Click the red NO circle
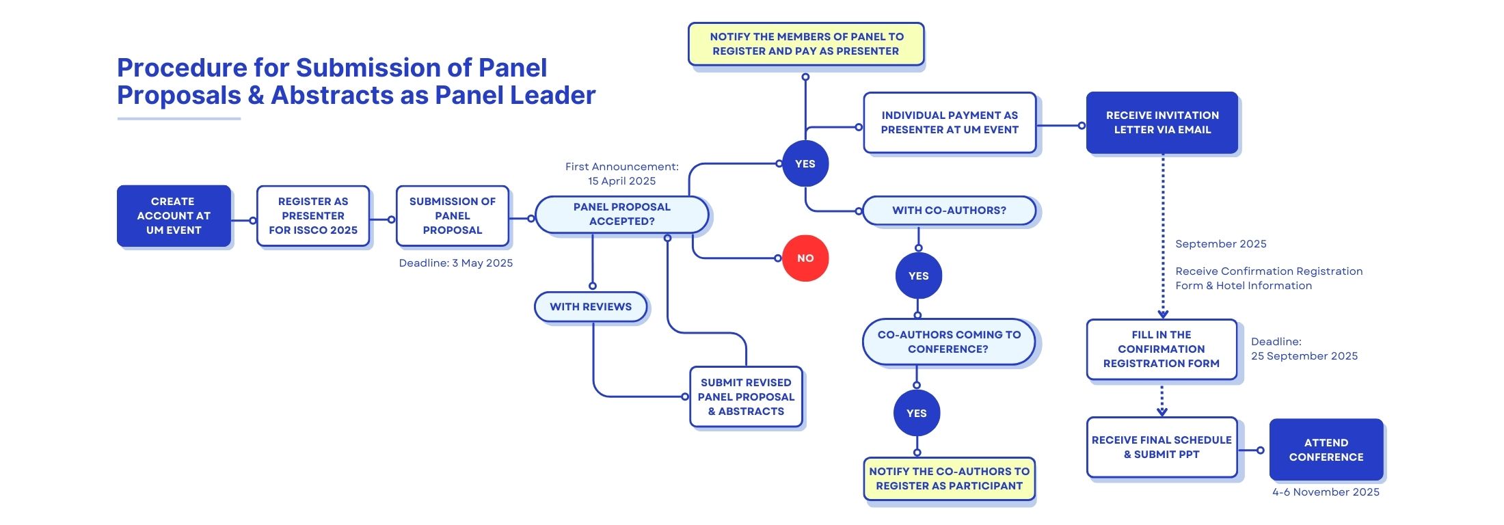click(x=805, y=258)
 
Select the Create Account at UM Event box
click(x=174, y=216)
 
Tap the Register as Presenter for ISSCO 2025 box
click(x=313, y=216)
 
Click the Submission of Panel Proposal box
click(x=453, y=216)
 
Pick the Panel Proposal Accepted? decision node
click(x=622, y=215)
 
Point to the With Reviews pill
click(x=591, y=307)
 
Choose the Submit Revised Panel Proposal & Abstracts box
click(x=746, y=397)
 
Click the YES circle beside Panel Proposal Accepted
click(x=805, y=164)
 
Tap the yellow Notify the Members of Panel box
click(x=806, y=44)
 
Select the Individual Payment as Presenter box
click(x=950, y=123)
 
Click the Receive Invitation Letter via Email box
click(x=1162, y=123)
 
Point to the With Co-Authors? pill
click(x=949, y=211)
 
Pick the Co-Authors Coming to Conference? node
click(x=949, y=342)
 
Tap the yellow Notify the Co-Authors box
click(x=949, y=479)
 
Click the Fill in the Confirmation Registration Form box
click(x=1161, y=349)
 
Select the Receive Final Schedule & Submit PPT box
click(x=1161, y=448)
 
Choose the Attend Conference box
click(x=1326, y=450)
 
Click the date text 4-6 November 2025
click(x=1326, y=492)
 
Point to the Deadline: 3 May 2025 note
click(x=456, y=263)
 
